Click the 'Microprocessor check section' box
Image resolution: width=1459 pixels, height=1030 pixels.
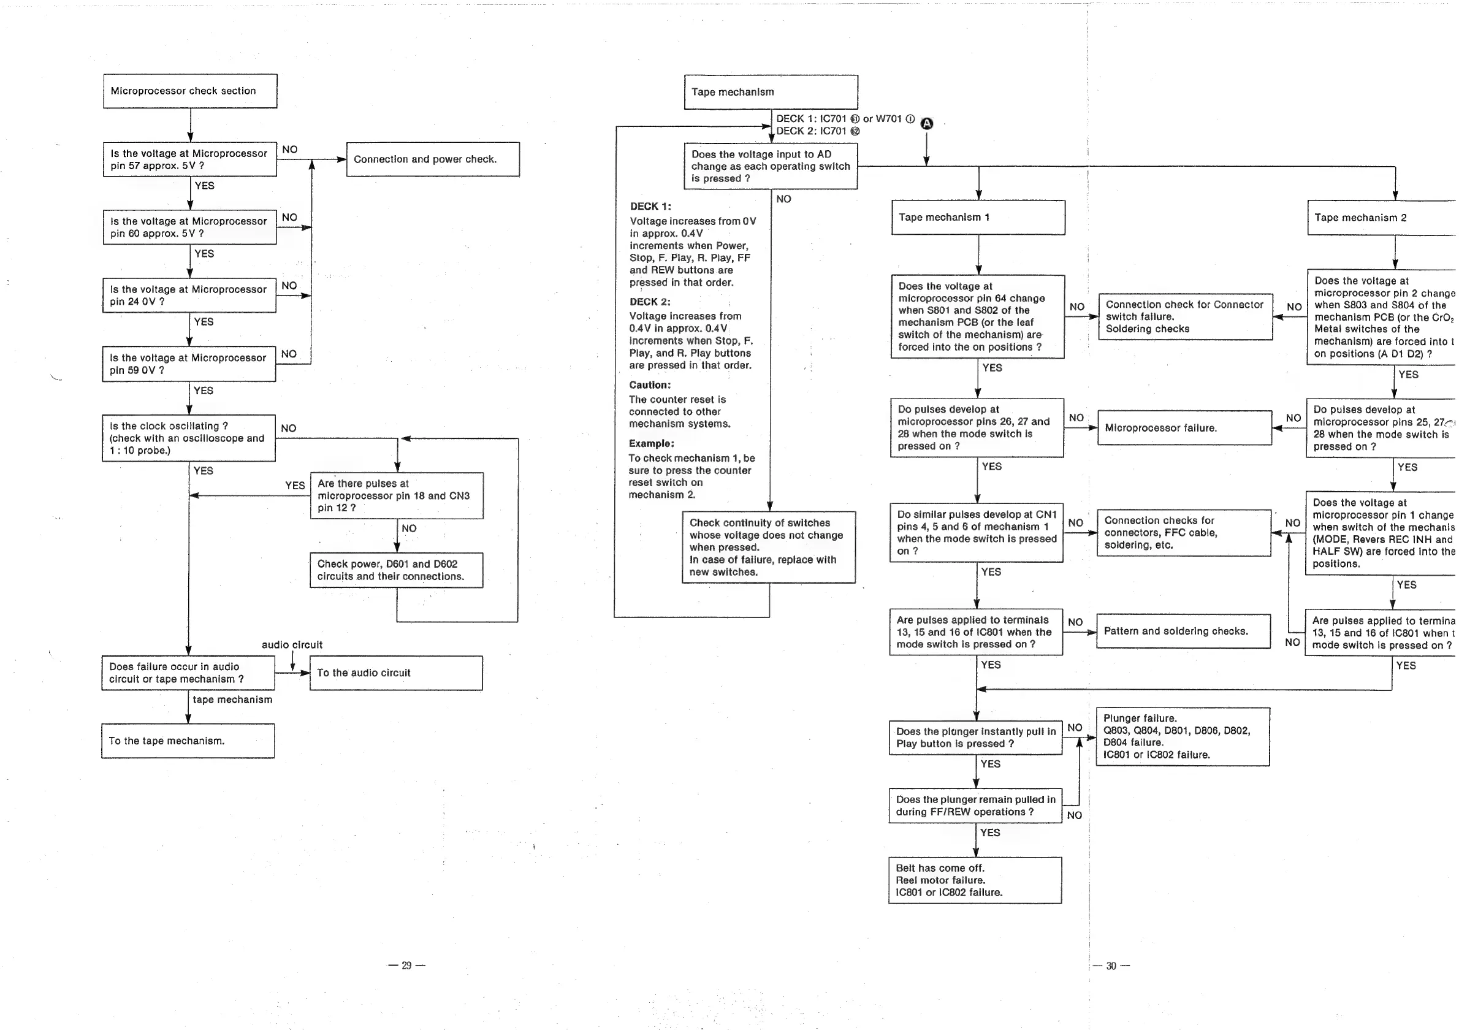[190, 91]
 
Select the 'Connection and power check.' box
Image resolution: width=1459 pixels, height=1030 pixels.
[433, 159]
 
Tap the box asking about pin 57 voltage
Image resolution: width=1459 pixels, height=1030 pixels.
[189, 159]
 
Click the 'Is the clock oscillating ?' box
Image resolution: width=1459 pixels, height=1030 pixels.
[189, 438]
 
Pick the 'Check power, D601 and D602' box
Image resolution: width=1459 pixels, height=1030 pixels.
[396, 570]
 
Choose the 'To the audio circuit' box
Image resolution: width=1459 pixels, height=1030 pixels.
[396, 673]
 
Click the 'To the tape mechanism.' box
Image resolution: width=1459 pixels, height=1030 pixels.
[188, 741]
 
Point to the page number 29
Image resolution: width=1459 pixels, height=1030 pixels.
[406, 965]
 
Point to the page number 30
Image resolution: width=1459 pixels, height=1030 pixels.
[1111, 966]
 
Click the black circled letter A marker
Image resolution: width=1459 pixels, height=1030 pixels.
[927, 124]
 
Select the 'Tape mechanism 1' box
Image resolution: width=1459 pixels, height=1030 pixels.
[978, 217]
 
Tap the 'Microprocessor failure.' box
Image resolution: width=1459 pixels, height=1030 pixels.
[1184, 427]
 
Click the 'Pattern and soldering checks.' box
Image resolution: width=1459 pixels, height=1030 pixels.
[1183, 631]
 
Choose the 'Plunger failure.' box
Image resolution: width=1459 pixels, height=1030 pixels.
[1183, 736]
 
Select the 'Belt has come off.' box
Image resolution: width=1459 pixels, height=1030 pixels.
[975, 880]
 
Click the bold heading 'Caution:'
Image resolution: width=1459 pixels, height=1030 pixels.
[650, 385]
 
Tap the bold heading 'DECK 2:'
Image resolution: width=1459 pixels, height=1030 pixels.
[650, 302]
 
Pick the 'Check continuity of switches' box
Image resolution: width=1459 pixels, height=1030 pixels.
[769, 547]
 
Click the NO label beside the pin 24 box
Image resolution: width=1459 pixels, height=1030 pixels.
[289, 285]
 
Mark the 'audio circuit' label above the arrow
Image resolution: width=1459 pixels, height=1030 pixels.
[292, 645]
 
